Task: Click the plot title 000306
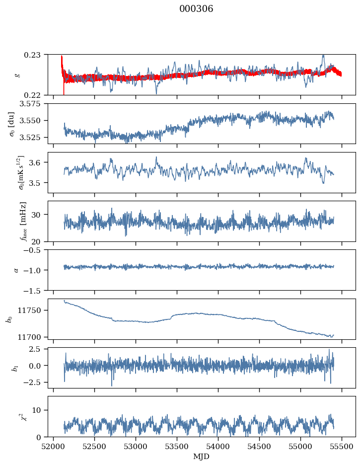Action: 196,9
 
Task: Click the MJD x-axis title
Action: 201,457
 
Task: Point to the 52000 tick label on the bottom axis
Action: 53,447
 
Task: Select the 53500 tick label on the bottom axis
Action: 177,447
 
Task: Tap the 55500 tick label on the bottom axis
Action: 342,447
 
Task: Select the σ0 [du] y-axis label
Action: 11,124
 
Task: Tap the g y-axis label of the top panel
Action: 18,75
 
